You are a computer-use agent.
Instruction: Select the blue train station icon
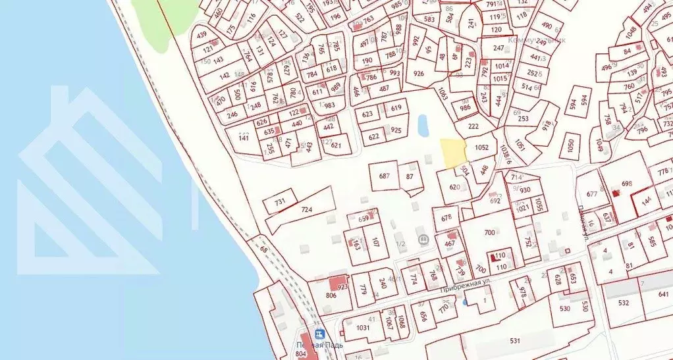pyautogui.click(x=320, y=334)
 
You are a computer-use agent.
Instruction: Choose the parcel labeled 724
pyautogui.click(x=306, y=209)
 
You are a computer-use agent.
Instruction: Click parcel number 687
pyautogui.click(x=385, y=176)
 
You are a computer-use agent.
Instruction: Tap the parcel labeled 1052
pyautogui.click(x=481, y=148)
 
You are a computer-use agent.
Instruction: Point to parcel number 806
pyautogui.click(x=331, y=296)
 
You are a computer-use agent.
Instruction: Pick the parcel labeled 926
pyautogui.click(x=419, y=74)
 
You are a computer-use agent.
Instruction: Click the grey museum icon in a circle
pyautogui.click(x=423, y=240)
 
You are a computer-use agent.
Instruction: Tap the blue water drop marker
pyautogui.click(x=465, y=302)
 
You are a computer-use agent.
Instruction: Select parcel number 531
pyautogui.click(x=515, y=340)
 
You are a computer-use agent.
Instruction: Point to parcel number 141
pyautogui.click(x=244, y=138)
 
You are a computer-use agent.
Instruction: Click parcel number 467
pyautogui.click(x=450, y=244)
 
